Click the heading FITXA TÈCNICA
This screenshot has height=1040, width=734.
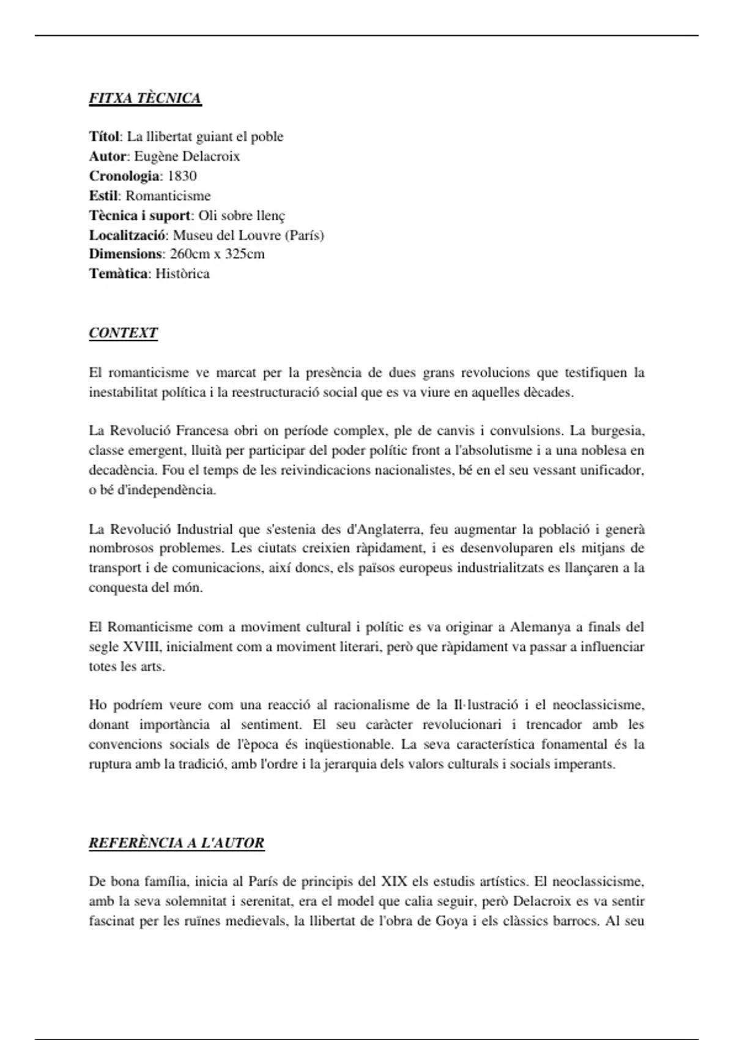[x=145, y=98]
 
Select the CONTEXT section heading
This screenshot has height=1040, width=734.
[x=123, y=333]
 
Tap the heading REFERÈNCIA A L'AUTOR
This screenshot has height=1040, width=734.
[x=176, y=843]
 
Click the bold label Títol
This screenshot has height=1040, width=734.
[x=105, y=136]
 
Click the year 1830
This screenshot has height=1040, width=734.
[x=182, y=176]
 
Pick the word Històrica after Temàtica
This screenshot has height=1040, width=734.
[x=182, y=273]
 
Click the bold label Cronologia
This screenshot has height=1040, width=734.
[x=124, y=176]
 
